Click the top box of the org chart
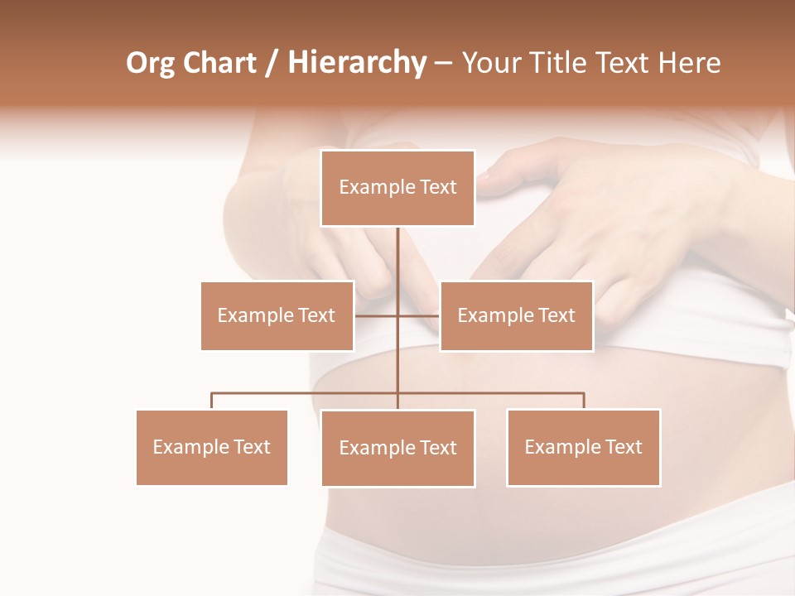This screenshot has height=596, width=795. click(x=397, y=188)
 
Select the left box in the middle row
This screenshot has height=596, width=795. click(x=277, y=315)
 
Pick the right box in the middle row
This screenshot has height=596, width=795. click(x=516, y=315)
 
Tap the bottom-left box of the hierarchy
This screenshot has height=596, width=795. click(x=211, y=447)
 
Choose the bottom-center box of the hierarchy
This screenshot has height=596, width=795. click(x=397, y=448)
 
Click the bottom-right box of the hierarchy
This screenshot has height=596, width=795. click(x=583, y=447)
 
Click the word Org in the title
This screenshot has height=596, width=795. click(x=150, y=63)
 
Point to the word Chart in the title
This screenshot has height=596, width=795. click(x=219, y=63)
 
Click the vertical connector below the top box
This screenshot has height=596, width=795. click(x=397, y=257)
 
